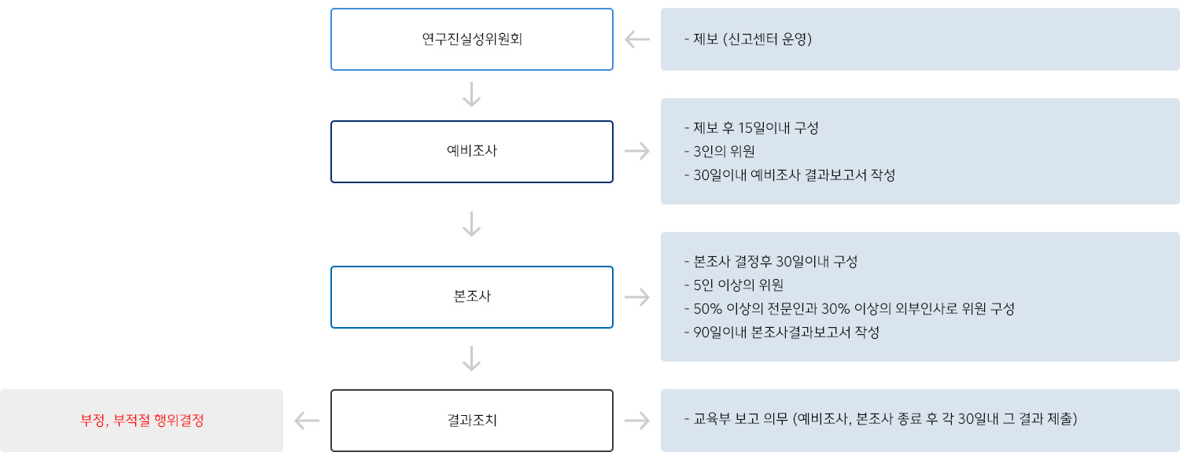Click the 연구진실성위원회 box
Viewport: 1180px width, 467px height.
coord(471,39)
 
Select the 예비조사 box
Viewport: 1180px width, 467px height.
coord(471,151)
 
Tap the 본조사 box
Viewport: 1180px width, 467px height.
coord(471,296)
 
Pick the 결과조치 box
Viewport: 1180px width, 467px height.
coord(471,421)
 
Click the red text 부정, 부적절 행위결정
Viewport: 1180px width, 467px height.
coord(142,421)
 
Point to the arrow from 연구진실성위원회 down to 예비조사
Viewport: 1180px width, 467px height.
coord(471,94)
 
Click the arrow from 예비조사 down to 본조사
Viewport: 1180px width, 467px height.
coord(471,224)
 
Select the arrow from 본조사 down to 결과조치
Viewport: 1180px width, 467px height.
coord(471,359)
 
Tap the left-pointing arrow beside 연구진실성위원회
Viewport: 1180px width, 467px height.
coord(637,39)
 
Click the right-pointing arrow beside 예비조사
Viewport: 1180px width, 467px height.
coord(637,151)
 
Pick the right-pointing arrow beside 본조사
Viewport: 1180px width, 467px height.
coord(637,296)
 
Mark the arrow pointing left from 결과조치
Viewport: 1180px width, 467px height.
coord(307,421)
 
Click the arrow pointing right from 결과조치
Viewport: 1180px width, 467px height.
coord(637,421)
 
